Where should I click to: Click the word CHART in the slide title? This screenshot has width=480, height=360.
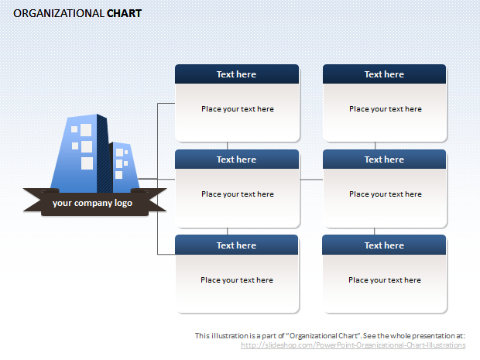(x=124, y=13)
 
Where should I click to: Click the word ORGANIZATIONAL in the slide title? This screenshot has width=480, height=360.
(x=59, y=13)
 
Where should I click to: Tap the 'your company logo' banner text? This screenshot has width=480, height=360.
(x=92, y=203)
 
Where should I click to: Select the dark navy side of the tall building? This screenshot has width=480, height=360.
(x=103, y=153)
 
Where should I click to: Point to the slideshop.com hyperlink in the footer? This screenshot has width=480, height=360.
(x=353, y=345)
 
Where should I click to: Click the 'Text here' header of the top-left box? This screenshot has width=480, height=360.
(x=236, y=74)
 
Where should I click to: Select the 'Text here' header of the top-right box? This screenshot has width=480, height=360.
(x=384, y=74)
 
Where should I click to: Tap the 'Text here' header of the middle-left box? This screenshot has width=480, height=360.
(x=236, y=159)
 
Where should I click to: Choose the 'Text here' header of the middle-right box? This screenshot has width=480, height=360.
(x=384, y=159)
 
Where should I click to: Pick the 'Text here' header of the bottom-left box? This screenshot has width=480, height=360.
(x=236, y=245)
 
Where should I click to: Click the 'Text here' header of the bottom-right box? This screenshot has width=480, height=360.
(x=384, y=245)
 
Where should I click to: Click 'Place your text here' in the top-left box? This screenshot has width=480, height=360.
(x=238, y=109)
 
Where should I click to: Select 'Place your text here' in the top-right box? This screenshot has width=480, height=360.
(x=386, y=109)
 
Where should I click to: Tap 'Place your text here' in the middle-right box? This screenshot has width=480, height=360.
(x=386, y=194)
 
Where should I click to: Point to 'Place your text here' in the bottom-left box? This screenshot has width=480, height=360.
(x=237, y=280)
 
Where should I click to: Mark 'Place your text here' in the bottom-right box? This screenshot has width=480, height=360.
(x=385, y=280)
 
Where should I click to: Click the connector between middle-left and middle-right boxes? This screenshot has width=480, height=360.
(x=311, y=180)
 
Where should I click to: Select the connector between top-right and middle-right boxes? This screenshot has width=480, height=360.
(x=375, y=146)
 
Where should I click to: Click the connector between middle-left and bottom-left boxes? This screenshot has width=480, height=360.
(x=227, y=231)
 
